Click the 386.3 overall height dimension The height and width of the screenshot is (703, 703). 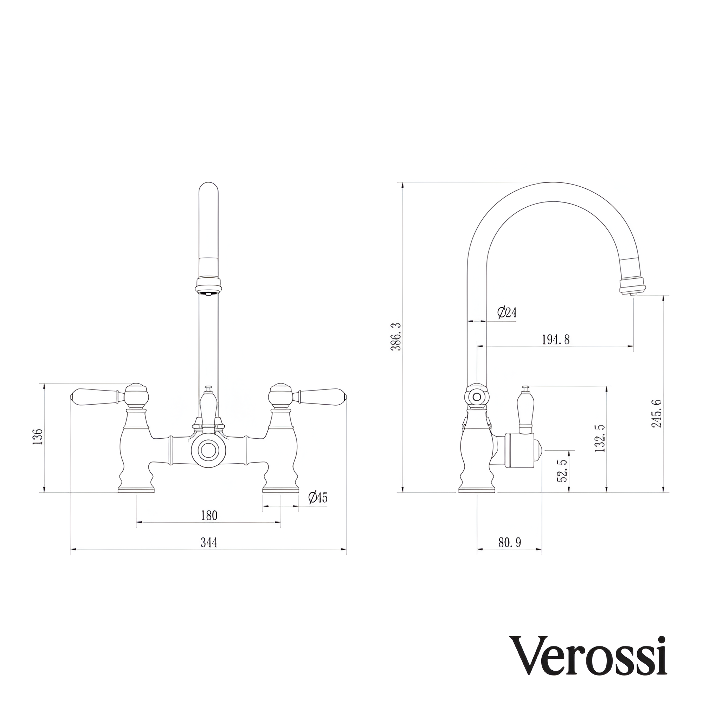(396, 337)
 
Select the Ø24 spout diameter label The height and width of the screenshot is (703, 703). (507, 312)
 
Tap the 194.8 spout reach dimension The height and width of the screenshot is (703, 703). (556, 340)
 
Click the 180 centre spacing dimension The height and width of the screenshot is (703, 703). (209, 516)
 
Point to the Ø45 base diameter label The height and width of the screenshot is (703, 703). (318, 497)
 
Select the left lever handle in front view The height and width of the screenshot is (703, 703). (95, 395)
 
